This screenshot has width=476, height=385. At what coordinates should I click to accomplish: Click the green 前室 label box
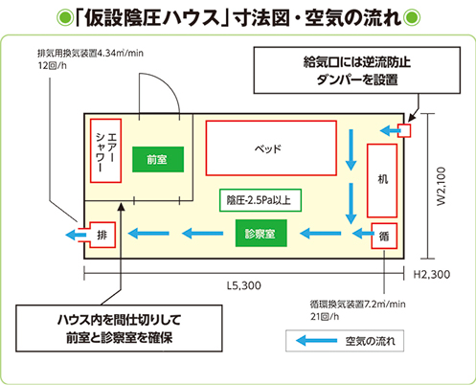click(158, 159)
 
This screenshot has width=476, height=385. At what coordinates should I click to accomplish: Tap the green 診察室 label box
click(261, 233)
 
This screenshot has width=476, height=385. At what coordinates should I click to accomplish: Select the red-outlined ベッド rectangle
click(271, 148)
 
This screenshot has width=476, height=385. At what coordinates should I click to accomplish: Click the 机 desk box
click(382, 181)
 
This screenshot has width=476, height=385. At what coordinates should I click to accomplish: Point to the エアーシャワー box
click(105, 150)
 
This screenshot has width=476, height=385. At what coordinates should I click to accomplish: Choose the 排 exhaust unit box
click(102, 235)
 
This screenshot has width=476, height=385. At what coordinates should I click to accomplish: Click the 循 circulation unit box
click(384, 236)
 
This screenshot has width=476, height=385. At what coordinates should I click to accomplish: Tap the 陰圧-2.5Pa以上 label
click(261, 200)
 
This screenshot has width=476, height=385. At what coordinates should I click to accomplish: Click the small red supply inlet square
click(404, 130)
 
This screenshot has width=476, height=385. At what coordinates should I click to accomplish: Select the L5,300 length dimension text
click(244, 285)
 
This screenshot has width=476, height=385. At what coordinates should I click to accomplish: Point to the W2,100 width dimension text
click(441, 186)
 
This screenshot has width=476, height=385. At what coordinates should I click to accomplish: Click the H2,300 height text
click(432, 274)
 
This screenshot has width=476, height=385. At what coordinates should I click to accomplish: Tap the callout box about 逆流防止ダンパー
click(357, 70)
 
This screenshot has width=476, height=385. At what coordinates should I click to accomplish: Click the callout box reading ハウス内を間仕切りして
click(119, 328)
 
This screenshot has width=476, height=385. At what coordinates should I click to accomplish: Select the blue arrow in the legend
click(316, 341)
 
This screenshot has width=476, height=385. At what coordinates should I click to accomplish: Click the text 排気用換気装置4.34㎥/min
click(90, 53)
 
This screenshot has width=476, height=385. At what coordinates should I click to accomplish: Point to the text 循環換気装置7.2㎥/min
click(357, 304)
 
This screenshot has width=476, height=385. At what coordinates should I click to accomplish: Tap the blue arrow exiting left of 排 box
click(76, 235)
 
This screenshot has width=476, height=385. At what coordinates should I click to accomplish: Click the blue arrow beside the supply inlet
click(390, 130)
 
